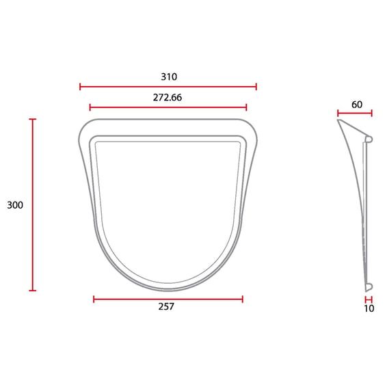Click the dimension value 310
[169, 77]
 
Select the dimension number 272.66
[168, 98]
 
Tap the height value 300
[15, 205]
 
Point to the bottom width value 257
[166, 306]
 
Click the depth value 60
[357, 105]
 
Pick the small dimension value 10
[369, 308]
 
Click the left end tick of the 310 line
[80, 87]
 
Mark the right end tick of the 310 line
[256, 87]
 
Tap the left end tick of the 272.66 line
[90, 107]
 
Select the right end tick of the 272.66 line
[246, 107]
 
